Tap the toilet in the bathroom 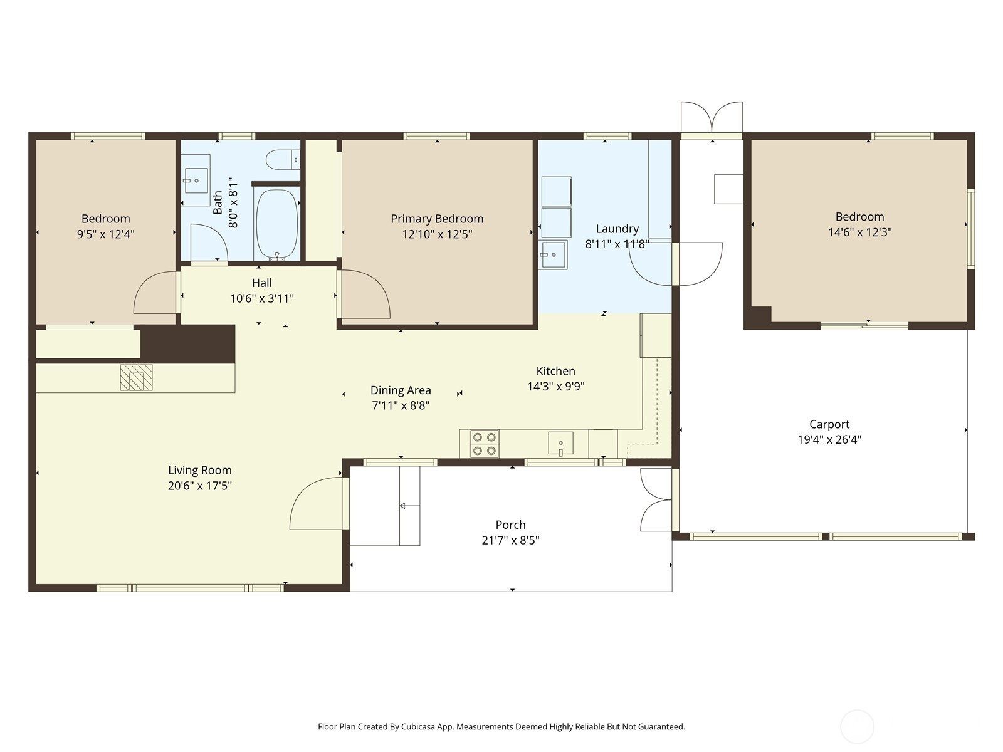[283, 160]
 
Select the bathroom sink [196, 180]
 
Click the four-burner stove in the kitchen [485, 444]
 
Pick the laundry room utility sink [553, 255]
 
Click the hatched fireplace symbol [136, 377]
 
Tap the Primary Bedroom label [437, 219]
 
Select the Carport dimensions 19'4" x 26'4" [829, 440]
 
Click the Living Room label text [200, 470]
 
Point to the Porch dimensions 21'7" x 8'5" [510, 541]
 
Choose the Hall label [262, 283]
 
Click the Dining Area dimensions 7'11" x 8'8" [401, 405]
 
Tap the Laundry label [617, 229]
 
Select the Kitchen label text [555, 371]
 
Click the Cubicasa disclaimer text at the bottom [501, 727]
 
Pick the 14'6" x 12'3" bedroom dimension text [860, 232]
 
